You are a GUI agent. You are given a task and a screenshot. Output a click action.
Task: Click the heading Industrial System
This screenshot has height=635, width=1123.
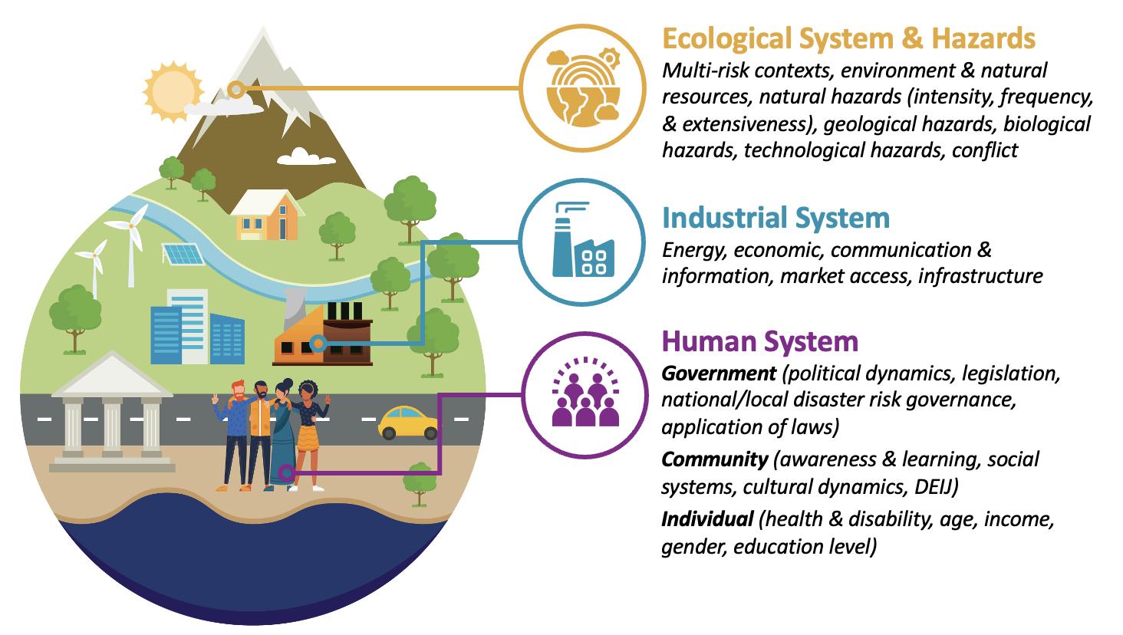point(776,218)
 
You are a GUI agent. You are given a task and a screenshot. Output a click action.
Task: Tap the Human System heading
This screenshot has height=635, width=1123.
point(759,341)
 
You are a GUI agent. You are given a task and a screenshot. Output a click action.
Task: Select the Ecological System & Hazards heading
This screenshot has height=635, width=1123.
point(848,38)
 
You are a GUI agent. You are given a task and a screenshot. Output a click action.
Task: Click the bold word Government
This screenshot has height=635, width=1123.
point(719,373)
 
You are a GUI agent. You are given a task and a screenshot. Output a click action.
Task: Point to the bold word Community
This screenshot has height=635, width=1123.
point(714,459)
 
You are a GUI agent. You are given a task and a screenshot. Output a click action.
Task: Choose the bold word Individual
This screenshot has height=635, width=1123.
point(706,519)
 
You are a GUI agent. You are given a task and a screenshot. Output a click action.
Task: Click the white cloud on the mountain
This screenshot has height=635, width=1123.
point(306,156)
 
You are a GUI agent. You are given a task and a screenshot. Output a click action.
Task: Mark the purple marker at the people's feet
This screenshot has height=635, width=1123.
point(286,472)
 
